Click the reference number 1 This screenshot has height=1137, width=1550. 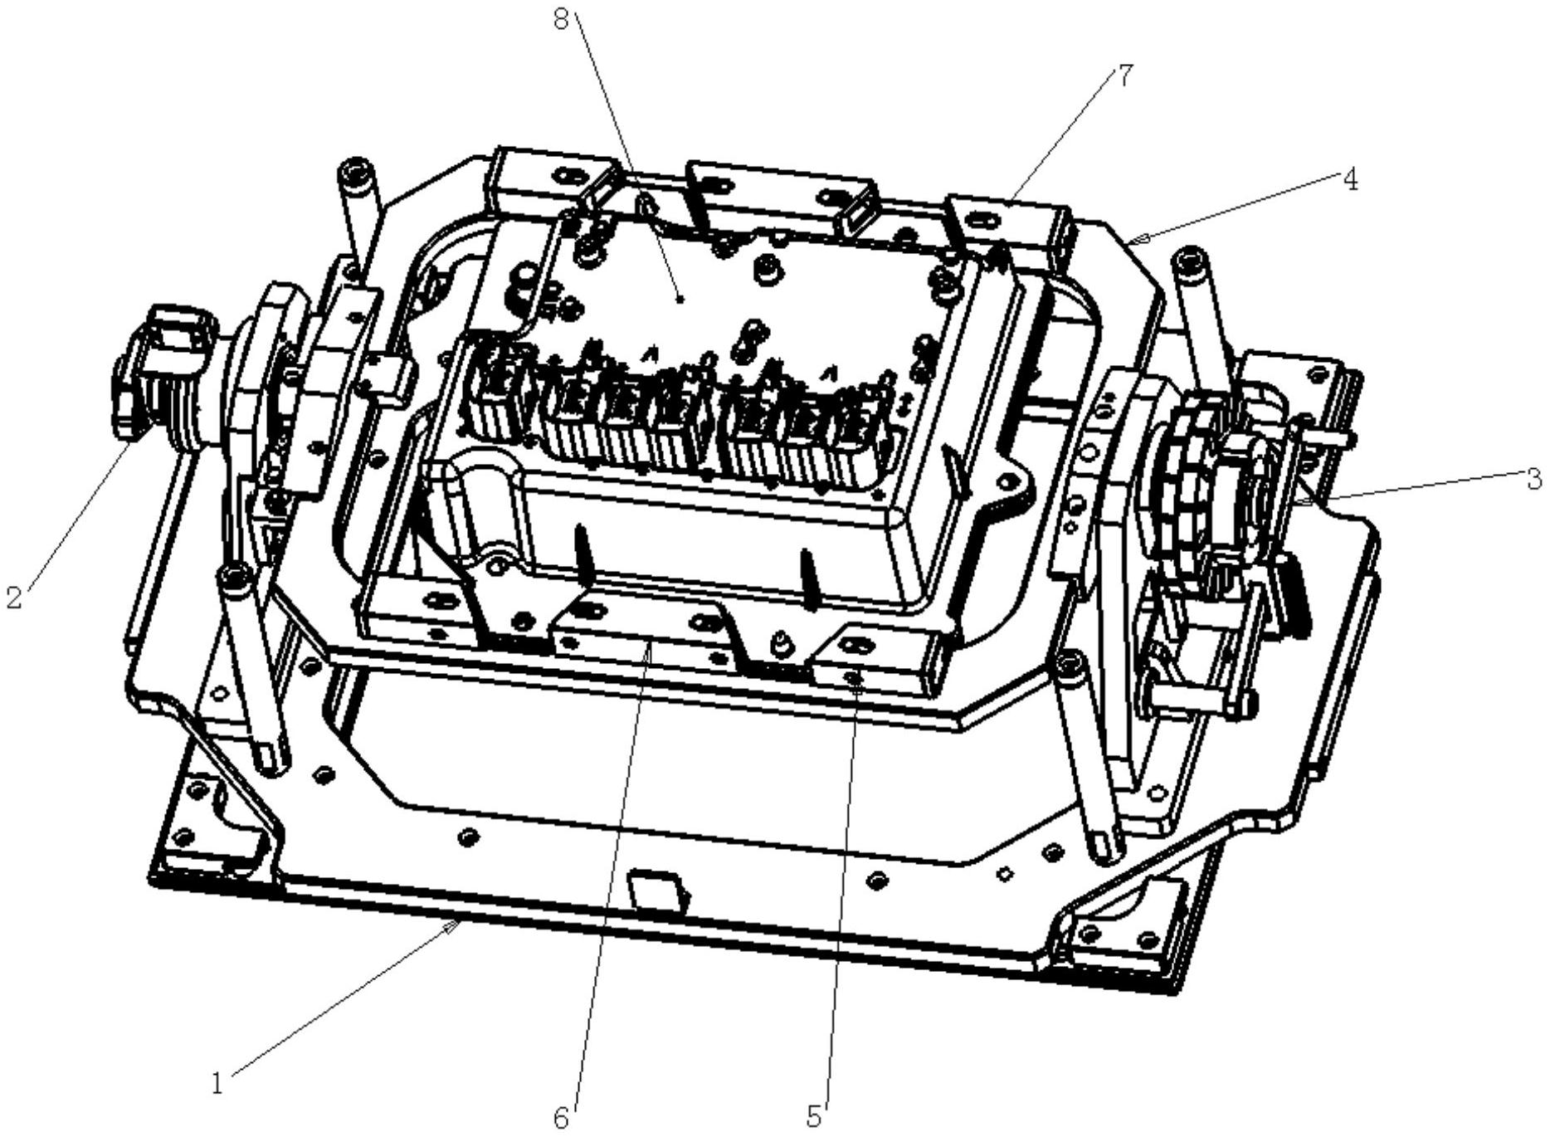(x=217, y=1083)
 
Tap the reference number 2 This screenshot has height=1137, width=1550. (x=13, y=598)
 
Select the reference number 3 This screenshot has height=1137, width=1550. (x=1534, y=479)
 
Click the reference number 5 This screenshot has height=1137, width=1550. (x=814, y=1118)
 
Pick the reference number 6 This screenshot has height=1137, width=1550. (x=562, y=1119)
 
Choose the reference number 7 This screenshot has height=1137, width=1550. (x=1124, y=76)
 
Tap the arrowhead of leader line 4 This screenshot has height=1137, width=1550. (x=1137, y=240)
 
